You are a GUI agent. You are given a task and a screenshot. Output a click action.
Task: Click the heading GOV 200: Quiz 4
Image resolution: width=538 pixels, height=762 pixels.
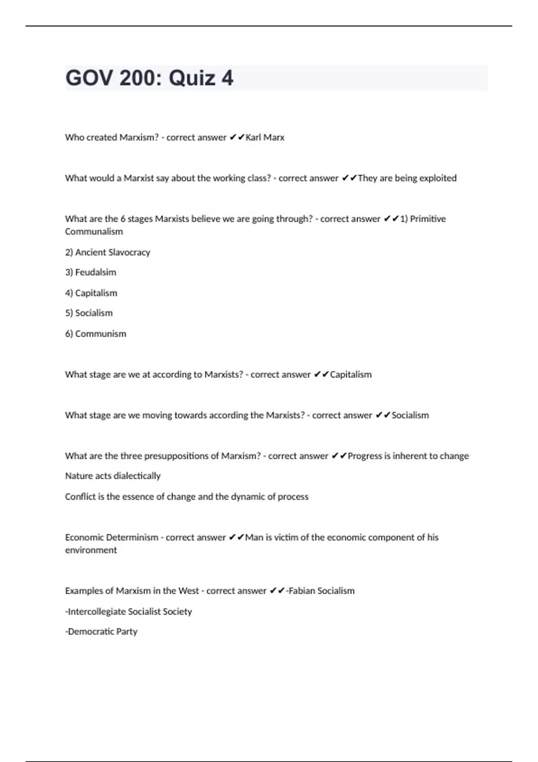149,78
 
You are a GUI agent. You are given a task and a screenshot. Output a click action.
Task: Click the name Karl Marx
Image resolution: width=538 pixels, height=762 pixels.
265,138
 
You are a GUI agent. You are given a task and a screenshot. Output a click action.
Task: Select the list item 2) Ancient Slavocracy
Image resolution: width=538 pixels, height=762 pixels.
108,252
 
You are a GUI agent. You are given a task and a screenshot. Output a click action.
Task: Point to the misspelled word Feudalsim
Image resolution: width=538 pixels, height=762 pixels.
95,273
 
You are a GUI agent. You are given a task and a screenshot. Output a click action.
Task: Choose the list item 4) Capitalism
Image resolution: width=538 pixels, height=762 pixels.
91,293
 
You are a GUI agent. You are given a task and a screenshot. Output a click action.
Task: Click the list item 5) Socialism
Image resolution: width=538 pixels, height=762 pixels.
89,313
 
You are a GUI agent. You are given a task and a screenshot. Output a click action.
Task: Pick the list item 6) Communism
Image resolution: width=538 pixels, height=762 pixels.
95,334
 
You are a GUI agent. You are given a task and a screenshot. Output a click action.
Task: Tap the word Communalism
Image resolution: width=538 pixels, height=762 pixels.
94,232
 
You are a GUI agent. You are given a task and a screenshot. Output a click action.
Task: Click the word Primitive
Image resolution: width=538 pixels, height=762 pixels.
428,219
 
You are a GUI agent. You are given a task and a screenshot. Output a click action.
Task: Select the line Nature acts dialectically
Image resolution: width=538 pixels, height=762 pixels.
113,476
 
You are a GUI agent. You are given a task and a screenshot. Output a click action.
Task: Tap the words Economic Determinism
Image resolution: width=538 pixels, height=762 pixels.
112,537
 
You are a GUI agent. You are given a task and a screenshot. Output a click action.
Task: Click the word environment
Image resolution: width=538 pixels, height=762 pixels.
91,550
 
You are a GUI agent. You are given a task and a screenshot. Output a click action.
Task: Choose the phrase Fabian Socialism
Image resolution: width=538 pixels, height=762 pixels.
321,591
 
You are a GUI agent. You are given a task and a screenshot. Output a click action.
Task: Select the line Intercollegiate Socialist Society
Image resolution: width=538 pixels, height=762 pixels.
129,612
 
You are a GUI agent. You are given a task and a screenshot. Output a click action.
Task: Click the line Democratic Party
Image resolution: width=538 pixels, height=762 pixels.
101,632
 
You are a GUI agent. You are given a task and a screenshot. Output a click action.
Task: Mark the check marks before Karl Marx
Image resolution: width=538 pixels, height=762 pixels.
237,138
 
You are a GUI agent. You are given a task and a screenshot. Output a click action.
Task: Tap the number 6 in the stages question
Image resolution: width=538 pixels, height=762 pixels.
123,219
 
